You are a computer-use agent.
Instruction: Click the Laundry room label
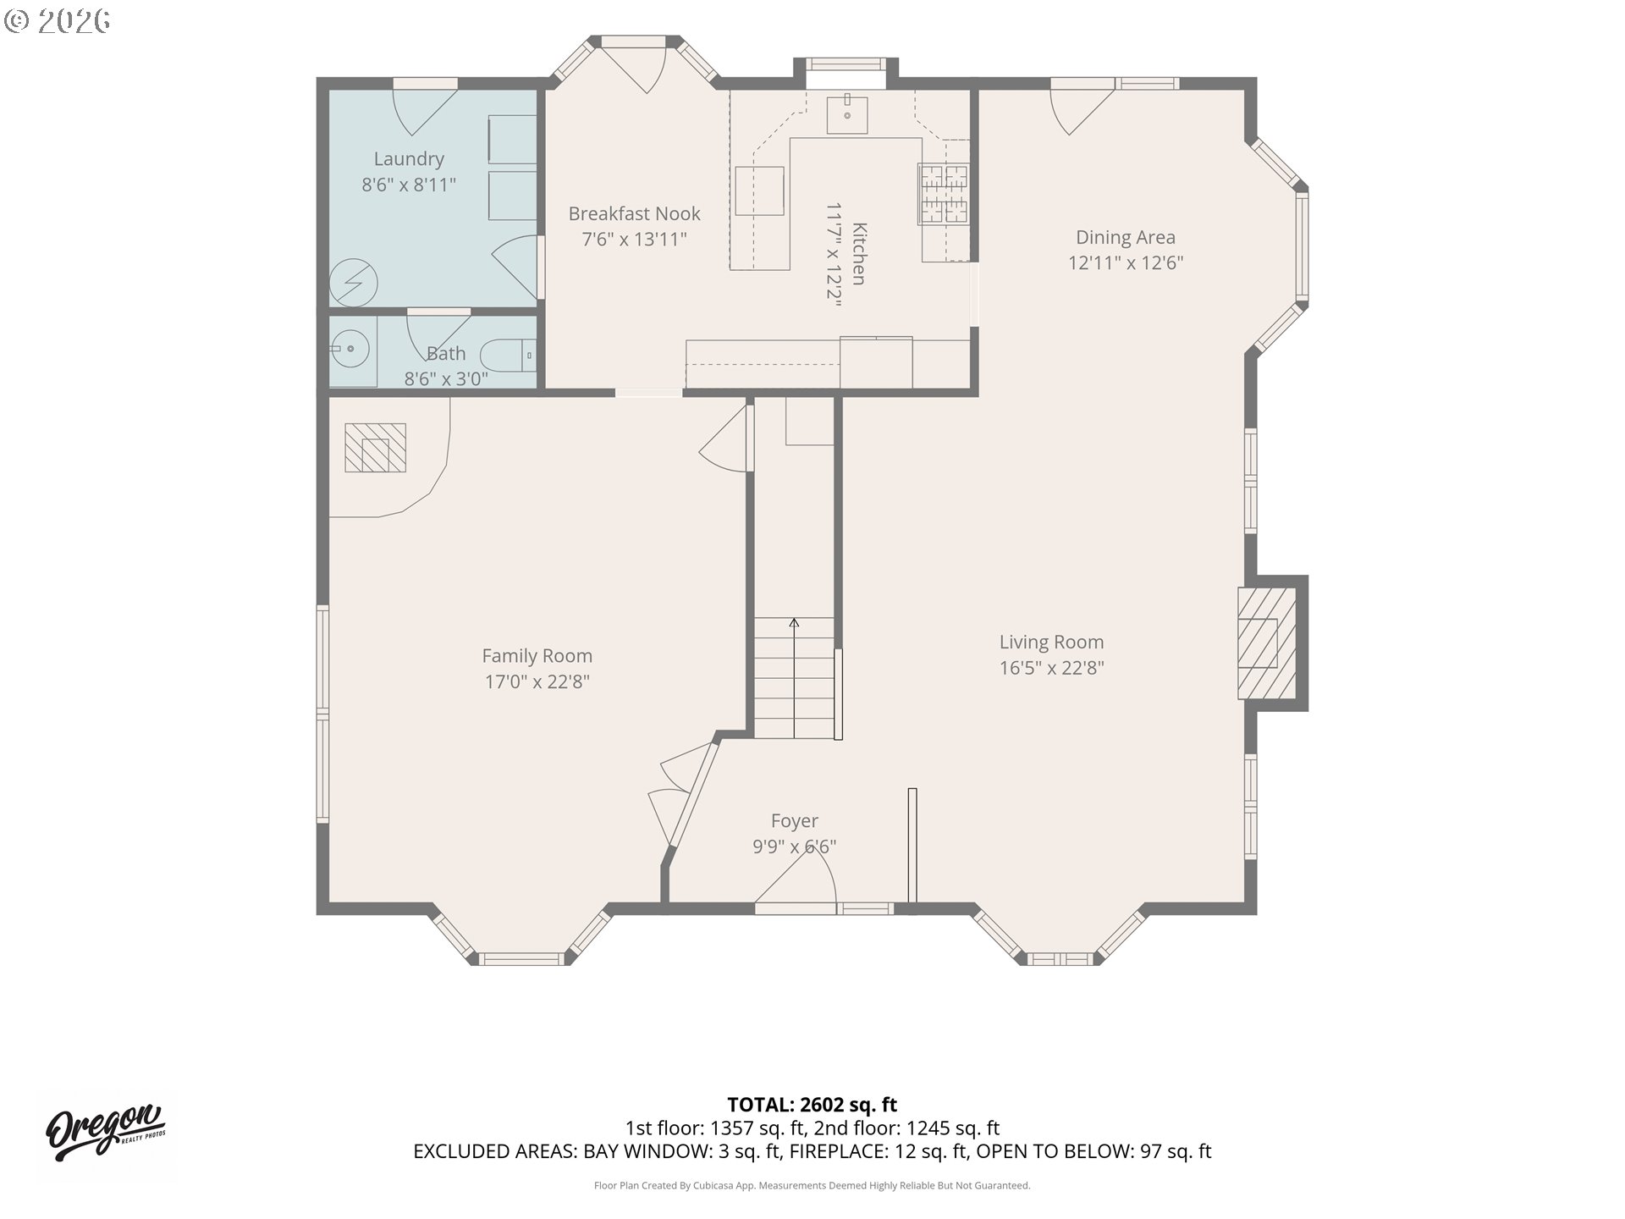[x=409, y=159]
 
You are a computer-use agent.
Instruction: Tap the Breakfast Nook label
[x=635, y=214]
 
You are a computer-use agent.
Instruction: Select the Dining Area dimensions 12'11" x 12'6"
[x=1126, y=262]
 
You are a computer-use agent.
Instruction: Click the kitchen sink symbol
[x=847, y=113]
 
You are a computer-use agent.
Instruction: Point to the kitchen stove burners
[x=944, y=194]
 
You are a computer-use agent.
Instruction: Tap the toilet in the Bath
[x=507, y=356]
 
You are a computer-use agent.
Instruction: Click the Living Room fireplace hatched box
[x=1267, y=643]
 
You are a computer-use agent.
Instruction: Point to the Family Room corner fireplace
[x=375, y=447]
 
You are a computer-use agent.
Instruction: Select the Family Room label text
[x=537, y=656]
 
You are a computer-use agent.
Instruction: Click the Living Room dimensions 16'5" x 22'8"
[x=1052, y=668]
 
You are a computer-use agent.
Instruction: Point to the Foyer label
[x=795, y=821]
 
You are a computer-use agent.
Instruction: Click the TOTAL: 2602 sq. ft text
[x=812, y=1105]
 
